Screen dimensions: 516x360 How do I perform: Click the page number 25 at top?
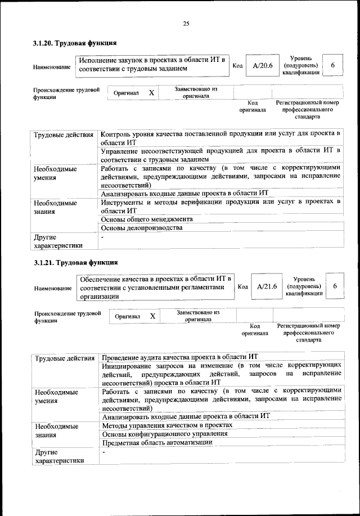185,23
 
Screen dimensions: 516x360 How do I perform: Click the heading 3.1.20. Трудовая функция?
75,43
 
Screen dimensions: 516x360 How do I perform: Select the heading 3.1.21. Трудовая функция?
75,263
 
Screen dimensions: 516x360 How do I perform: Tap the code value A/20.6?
262,66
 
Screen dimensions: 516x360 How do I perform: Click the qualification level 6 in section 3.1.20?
333,66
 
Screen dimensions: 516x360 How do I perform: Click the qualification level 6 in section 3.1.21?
335,286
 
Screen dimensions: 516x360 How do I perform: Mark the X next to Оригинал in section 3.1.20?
151,92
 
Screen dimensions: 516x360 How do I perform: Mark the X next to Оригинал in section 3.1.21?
152,316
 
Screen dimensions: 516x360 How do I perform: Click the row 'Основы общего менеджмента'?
147,219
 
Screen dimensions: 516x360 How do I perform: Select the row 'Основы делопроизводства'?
141,228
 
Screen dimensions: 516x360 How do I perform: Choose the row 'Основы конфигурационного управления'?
164,434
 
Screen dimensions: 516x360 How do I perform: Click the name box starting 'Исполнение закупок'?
152,64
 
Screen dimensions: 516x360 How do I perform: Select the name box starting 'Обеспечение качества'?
155,287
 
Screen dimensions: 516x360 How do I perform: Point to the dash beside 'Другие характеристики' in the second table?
103,452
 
